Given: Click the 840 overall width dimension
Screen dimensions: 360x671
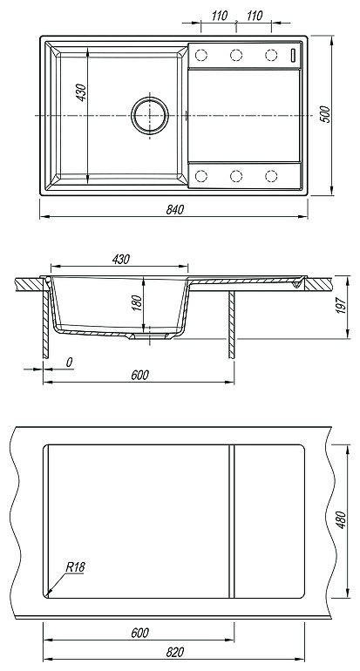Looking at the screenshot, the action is pos(174,210).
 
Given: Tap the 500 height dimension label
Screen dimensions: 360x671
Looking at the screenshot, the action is pos(325,114).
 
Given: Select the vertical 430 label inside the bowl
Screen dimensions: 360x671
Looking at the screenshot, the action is pos(81,92).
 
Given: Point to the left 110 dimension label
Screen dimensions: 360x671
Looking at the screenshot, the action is pos(219,17).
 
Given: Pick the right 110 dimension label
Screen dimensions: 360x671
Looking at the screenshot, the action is pos(255,17).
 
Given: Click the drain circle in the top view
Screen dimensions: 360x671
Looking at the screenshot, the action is pos(150,115).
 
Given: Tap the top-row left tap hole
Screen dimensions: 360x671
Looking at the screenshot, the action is pos(200,55).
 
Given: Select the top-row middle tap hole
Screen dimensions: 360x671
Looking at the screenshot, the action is pos(236,55).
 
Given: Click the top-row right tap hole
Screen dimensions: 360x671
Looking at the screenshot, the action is pos(271,55).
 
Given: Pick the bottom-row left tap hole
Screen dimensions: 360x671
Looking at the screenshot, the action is pos(200,176).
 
